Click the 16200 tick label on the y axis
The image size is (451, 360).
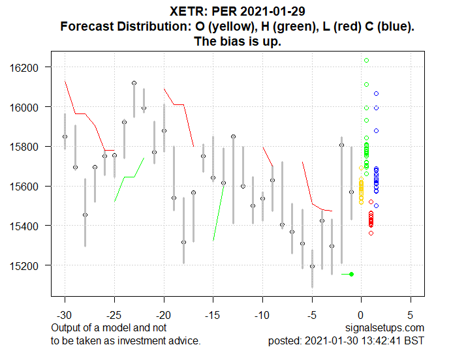point(27,67)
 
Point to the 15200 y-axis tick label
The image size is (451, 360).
point(27,265)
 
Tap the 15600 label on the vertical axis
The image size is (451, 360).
point(27,186)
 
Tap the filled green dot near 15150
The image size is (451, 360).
point(352,274)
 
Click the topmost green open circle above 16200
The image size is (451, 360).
point(367,60)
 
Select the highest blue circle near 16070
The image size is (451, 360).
point(376,93)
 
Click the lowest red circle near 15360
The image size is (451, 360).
point(371,233)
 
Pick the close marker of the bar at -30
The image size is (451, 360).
point(65,136)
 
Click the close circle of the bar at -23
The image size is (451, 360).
point(134,83)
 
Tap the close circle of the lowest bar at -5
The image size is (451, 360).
point(312,266)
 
